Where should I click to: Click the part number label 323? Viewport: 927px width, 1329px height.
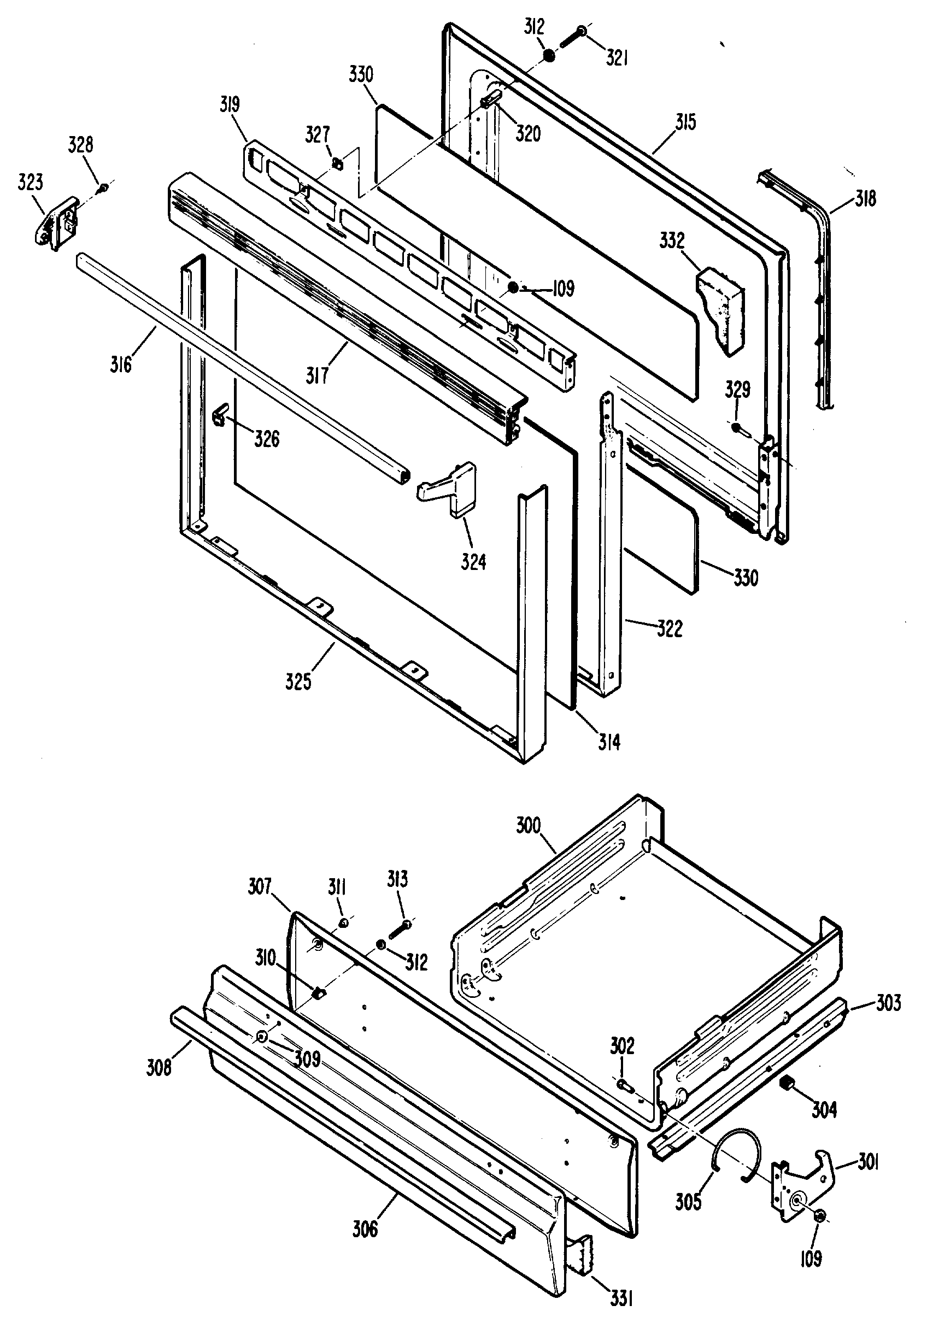[x=31, y=183]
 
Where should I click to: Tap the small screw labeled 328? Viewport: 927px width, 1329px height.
[x=103, y=187]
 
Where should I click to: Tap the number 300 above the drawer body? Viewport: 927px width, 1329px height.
[x=528, y=825]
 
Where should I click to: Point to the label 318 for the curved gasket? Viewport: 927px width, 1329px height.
[x=865, y=198]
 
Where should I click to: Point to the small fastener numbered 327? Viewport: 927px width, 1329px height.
[x=337, y=164]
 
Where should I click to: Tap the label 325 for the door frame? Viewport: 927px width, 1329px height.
[x=298, y=682]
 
